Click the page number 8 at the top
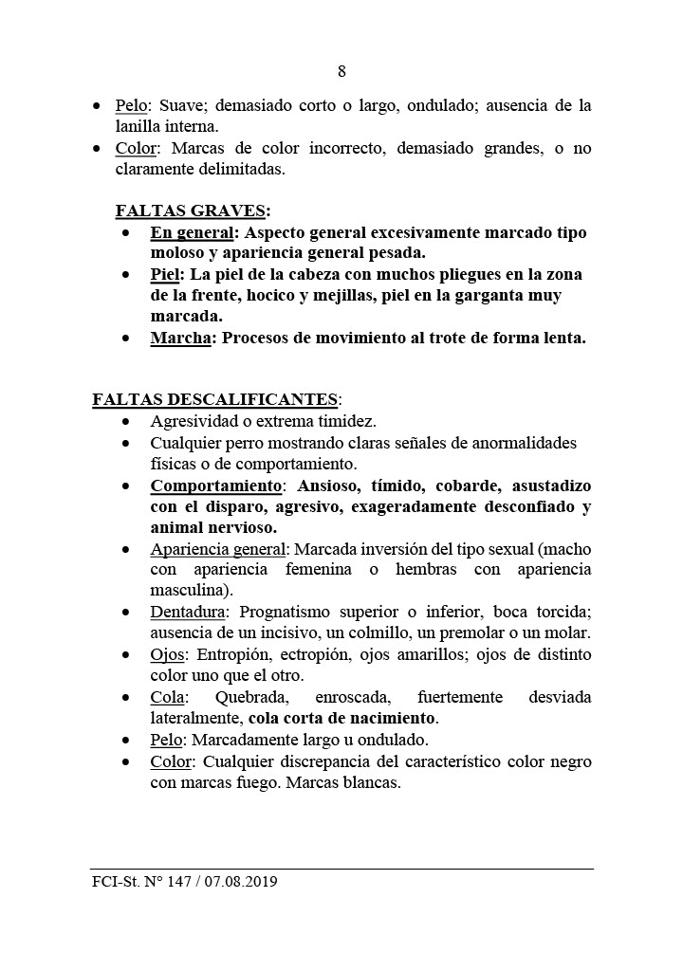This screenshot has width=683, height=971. [341, 71]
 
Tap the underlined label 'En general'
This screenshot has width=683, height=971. [192, 232]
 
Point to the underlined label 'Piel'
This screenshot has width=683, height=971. [165, 274]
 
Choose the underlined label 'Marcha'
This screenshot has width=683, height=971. [180, 339]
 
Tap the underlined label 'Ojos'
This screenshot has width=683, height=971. [168, 655]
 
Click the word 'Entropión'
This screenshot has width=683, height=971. [233, 655]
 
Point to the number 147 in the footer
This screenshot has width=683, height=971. [176, 882]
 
